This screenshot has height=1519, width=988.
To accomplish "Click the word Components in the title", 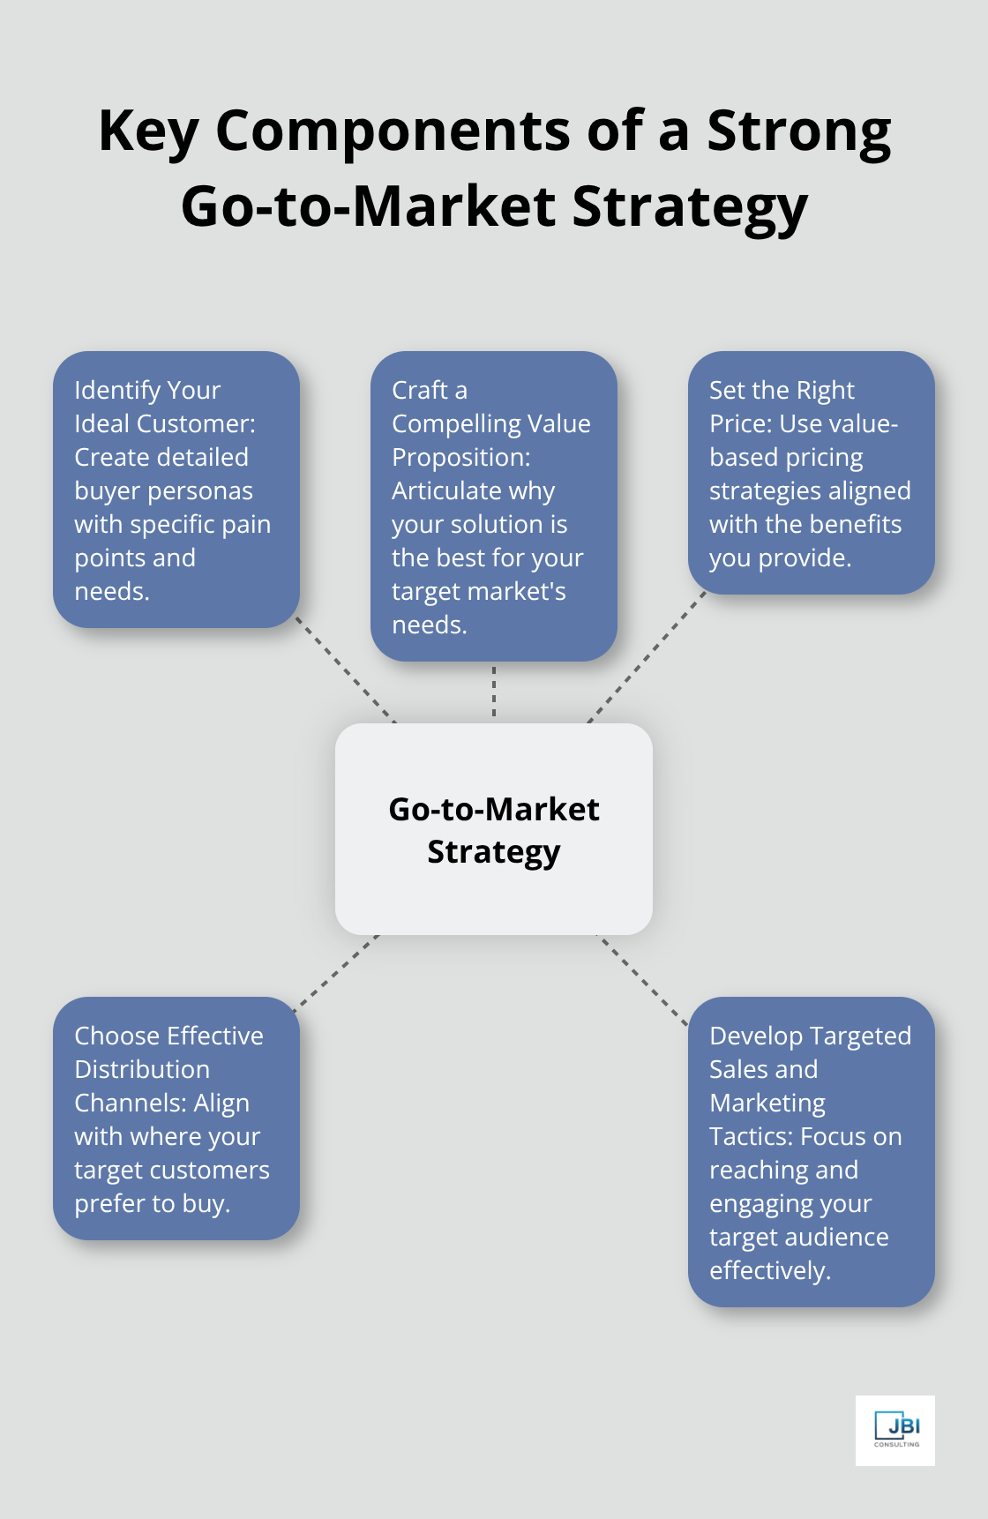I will click(x=394, y=131).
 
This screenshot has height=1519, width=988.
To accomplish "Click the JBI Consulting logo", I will click(x=895, y=1430).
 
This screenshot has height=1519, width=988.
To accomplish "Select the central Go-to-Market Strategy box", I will click(x=494, y=829).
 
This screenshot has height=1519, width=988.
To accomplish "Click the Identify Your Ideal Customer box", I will click(x=176, y=490).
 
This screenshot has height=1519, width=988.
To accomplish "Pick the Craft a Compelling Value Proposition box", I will click(x=494, y=506).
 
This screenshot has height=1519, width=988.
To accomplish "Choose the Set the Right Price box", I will click(x=811, y=473).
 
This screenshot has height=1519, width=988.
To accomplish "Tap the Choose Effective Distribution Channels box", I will click(x=176, y=1119).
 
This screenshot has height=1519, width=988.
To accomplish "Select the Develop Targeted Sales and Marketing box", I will click(x=811, y=1152).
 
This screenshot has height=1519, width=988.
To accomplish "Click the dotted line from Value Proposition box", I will click(x=494, y=692).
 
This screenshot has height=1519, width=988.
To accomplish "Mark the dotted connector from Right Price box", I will click(x=647, y=657).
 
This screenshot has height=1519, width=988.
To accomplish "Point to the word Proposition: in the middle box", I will click(x=461, y=458).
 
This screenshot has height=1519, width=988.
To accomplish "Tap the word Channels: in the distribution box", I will click(x=161, y=1104).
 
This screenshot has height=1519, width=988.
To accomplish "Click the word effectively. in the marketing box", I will click(x=770, y=1271).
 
